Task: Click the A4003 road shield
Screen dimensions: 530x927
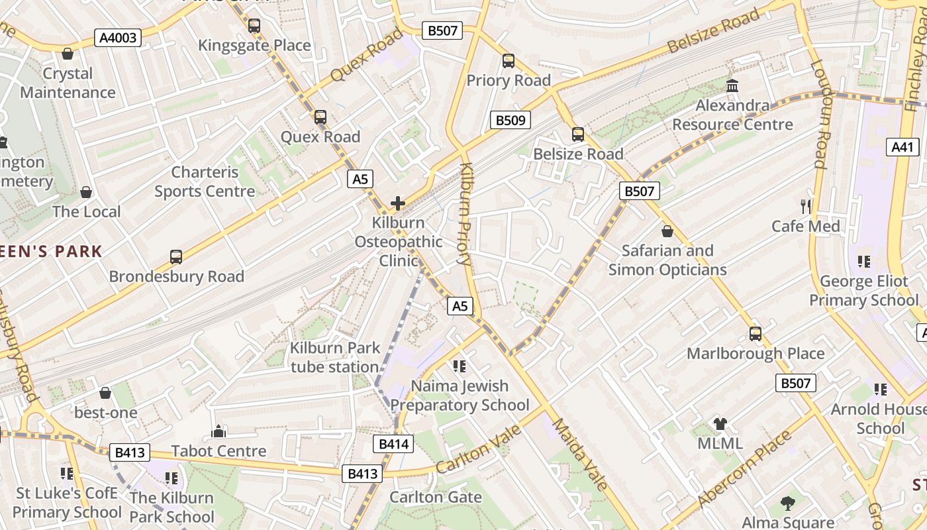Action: pos(119,38)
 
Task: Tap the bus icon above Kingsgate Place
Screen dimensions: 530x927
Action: pos(254,26)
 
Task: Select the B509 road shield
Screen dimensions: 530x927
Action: pos(510,120)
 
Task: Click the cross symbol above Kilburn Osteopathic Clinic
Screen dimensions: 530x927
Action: pos(398,203)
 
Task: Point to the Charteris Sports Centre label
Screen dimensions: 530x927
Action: pos(205,182)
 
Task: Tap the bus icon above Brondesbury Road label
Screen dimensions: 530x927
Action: pos(176,256)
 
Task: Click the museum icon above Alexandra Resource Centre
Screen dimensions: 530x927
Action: pos(732,85)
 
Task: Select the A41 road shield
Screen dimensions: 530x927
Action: pos(903,147)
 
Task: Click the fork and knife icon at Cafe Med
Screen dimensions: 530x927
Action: pos(806,206)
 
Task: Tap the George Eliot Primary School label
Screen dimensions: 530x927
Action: pos(863,291)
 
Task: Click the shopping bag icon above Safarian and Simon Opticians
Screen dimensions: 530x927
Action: pos(667,231)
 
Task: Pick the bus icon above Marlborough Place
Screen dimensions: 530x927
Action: pos(756,333)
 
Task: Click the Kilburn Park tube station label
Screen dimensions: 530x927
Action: pos(335,357)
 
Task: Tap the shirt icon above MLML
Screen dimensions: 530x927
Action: pos(720,423)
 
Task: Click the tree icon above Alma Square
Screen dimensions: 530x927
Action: pos(788,503)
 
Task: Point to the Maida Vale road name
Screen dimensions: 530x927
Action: pos(580,454)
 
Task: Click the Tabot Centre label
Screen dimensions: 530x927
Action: pos(219,451)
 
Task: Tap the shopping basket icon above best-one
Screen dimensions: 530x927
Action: pos(105,393)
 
